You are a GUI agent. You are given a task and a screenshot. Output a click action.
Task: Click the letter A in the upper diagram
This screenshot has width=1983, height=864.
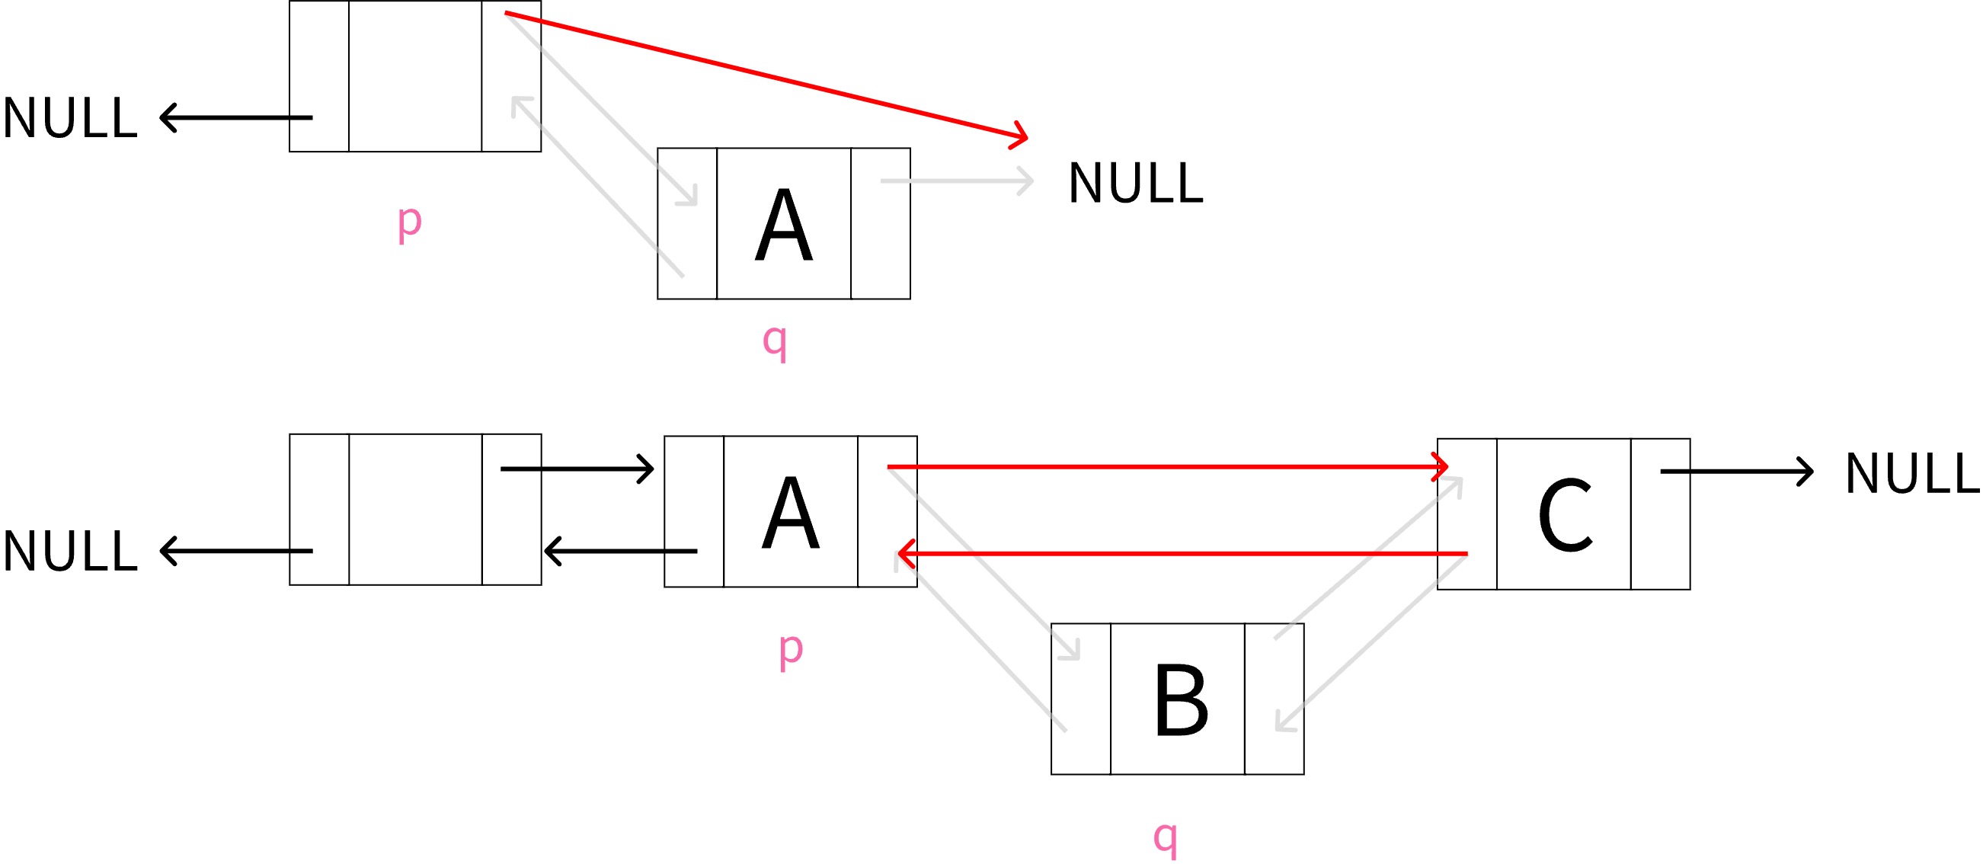click(784, 226)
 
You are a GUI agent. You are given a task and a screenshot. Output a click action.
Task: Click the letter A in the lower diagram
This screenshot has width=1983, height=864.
click(791, 513)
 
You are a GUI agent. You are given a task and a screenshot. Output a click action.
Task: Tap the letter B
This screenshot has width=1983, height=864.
click(1181, 700)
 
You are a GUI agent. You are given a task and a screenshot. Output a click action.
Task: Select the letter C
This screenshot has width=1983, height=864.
click(1564, 515)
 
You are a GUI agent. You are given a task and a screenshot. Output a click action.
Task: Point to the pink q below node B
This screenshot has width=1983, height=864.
click(1166, 837)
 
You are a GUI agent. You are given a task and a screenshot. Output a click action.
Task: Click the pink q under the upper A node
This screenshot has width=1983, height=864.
click(776, 341)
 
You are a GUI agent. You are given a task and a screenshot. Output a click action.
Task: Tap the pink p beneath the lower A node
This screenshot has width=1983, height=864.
click(791, 650)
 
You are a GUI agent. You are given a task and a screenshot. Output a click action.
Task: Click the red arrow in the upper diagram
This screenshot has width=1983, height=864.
click(766, 75)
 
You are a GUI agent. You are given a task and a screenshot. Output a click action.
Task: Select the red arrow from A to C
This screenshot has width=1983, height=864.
click(1166, 466)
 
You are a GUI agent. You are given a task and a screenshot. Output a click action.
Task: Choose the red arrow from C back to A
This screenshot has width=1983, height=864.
click(1182, 553)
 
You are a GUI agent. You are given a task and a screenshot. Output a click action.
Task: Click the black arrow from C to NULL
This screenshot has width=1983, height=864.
click(1736, 472)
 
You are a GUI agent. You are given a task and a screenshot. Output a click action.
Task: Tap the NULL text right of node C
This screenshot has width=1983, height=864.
click(1912, 474)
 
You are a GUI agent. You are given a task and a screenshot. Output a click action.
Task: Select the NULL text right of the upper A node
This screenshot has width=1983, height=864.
click(1135, 184)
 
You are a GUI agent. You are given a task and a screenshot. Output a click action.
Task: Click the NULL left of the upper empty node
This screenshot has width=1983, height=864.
click(70, 119)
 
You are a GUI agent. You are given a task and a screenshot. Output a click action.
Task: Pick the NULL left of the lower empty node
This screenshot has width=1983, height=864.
click(70, 552)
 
